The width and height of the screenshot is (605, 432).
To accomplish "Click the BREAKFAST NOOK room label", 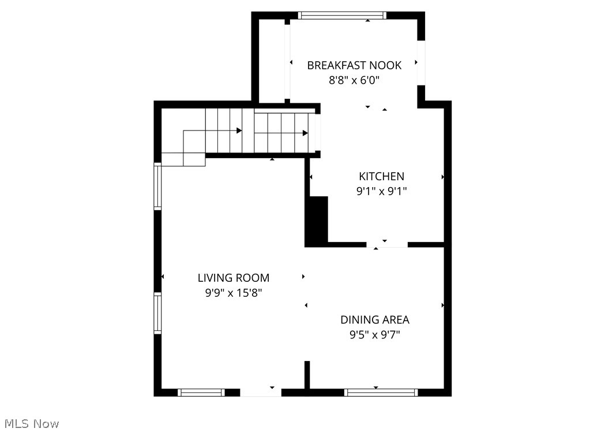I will [354, 65].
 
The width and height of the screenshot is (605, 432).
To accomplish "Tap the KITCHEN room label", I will [381, 176].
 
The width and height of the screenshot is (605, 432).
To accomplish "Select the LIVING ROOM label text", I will [234, 278].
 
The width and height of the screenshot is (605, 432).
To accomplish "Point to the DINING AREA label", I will [375, 319].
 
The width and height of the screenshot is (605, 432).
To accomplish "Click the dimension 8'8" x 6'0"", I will [354, 80].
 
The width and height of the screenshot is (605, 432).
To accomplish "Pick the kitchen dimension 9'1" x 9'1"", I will [381, 191].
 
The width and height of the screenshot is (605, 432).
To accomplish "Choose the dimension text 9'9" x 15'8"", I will [234, 293].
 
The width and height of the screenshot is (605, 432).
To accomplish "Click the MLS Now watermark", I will [30, 424].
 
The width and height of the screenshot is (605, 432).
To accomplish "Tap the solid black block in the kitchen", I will [317, 222].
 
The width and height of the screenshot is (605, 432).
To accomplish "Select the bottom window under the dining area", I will [381, 393].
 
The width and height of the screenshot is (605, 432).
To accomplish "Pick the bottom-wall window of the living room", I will [201, 393].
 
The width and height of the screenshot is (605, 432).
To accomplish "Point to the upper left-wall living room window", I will [157, 186].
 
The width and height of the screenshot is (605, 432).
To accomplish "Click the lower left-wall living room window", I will [157, 313].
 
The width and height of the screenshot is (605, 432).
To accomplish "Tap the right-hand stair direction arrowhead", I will [305, 133].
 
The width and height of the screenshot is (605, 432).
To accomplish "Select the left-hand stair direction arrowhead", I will [239, 131].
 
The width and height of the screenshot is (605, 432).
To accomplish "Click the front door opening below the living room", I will [261, 393].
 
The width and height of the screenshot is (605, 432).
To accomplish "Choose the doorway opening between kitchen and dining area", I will [387, 245].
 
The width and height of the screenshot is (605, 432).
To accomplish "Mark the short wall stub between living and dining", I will [307, 375].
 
